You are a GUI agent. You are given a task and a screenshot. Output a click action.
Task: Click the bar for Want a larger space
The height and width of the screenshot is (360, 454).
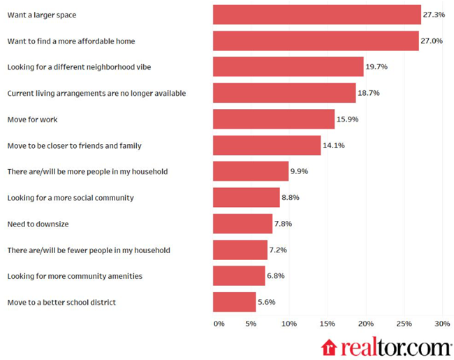point(317,15)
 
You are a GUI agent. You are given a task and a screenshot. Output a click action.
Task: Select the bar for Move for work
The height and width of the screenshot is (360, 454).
point(274,119)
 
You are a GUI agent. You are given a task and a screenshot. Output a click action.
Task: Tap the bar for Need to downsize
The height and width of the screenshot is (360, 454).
point(242,224)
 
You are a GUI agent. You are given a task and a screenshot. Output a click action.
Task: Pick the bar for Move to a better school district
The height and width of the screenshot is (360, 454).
point(234,302)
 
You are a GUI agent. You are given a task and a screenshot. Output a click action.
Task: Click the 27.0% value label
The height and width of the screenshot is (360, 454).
point(432,41)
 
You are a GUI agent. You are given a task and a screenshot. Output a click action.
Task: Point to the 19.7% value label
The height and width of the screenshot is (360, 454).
point(376,67)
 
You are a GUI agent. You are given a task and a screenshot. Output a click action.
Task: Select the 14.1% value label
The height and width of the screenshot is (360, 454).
point(334,145)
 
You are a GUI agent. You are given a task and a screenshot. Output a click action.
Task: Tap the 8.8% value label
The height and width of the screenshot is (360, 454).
point(290,198)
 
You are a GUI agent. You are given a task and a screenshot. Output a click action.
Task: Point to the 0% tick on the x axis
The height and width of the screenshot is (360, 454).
point(219,324)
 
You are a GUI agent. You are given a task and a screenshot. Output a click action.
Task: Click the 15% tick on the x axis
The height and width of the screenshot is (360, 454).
point(326,324)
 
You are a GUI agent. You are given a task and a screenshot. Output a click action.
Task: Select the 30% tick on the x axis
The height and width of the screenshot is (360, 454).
point(441,324)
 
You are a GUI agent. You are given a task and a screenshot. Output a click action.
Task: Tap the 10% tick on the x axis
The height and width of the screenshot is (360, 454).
point(288,324)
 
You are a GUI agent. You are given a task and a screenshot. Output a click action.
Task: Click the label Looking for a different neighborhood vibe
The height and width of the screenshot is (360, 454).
point(78,67)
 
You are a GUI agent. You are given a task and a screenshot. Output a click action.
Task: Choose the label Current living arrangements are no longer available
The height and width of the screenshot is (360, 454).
point(96,93)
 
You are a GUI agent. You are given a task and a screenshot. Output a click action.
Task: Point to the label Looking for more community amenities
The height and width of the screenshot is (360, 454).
point(75,276)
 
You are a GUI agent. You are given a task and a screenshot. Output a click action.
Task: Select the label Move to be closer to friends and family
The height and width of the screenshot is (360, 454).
point(74,145)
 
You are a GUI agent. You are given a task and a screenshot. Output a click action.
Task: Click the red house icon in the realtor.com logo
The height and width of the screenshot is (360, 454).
point(328,347)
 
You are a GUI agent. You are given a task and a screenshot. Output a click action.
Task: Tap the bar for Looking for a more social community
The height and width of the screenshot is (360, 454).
point(246,198)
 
